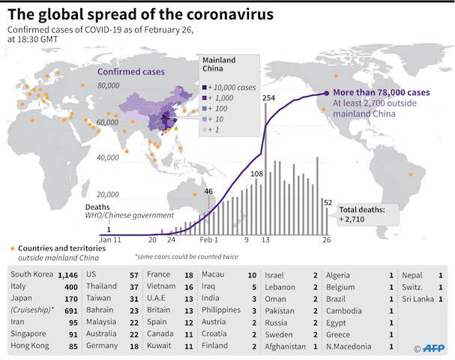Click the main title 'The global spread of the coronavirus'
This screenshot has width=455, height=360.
coord(140,14)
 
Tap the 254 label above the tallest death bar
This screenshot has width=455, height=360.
coord(270,98)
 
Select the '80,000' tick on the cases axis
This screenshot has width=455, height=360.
coord(109,86)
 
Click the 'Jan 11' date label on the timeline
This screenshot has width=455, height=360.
coord(109,241)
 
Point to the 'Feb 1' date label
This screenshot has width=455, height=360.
coord(209,241)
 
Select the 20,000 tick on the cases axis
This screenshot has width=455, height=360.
coord(109,193)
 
